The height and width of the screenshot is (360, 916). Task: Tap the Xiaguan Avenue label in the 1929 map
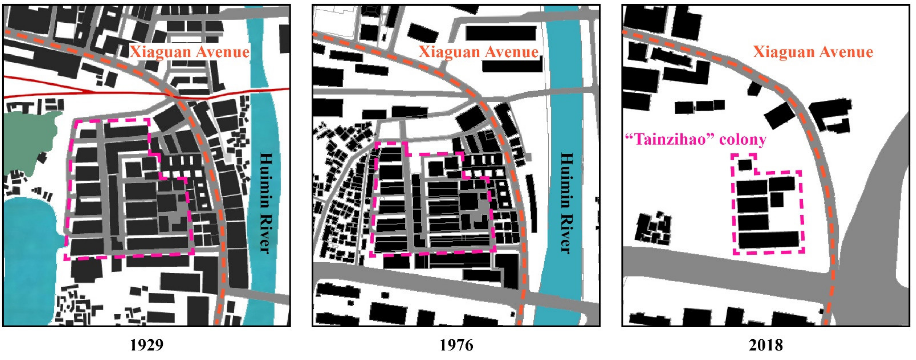189,52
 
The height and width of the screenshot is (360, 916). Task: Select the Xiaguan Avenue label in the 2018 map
813,52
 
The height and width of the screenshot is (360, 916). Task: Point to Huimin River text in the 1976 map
566,203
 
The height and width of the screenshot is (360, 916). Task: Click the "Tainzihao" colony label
695,139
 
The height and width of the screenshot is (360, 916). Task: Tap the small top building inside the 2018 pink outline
745,165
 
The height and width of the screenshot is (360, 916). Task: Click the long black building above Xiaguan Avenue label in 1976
501,33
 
